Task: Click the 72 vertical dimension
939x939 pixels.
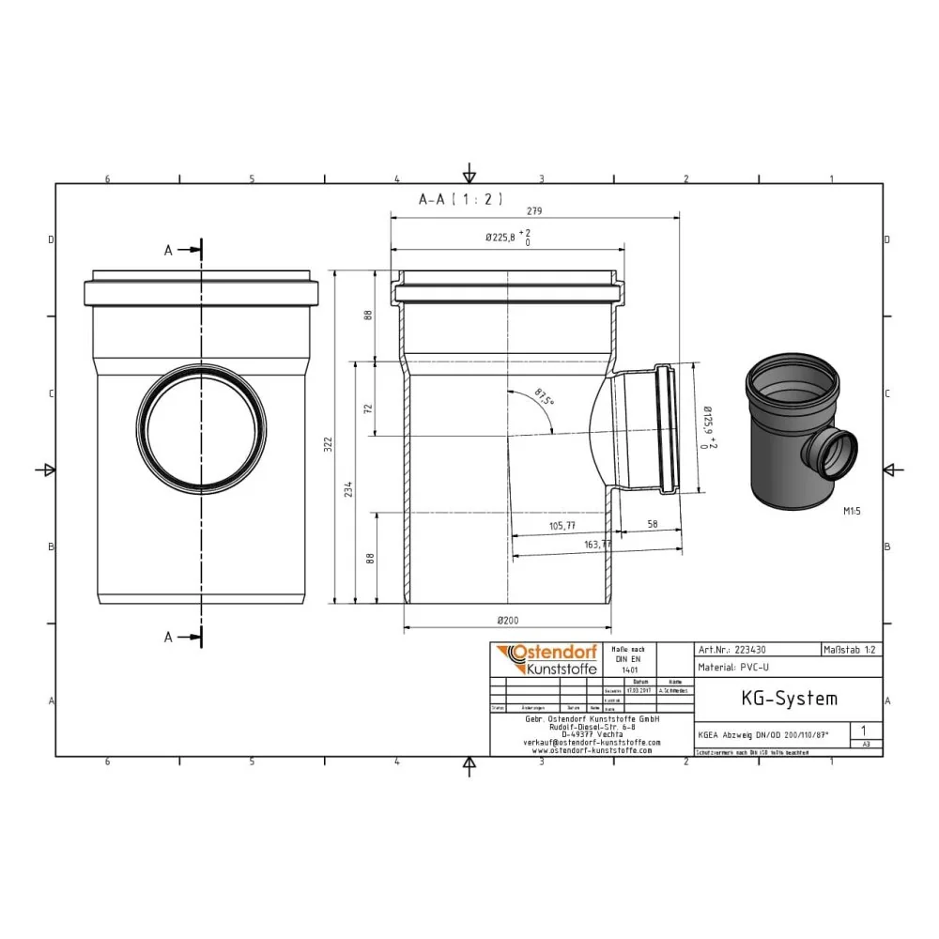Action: point(369,408)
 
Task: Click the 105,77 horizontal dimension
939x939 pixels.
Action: point(562,526)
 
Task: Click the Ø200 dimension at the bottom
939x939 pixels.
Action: point(508,620)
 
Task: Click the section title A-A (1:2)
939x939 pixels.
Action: point(461,199)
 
